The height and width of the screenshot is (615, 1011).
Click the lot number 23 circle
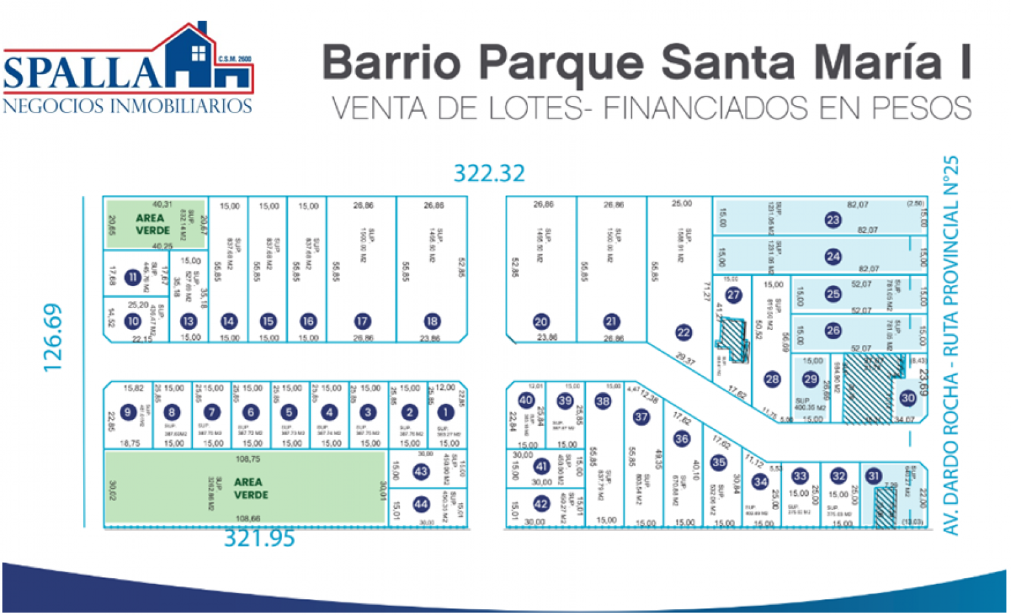click(x=833, y=219)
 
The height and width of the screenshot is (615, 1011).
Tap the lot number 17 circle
click(x=362, y=321)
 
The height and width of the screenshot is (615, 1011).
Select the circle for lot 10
click(x=133, y=321)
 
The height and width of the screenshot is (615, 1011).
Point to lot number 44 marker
click(x=421, y=504)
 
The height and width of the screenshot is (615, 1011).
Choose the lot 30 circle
click(x=908, y=398)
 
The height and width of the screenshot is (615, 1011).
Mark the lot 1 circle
click(x=445, y=412)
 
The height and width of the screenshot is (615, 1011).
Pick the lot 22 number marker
click(x=684, y=333)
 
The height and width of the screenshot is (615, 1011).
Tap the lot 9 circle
click(x=128, y=412)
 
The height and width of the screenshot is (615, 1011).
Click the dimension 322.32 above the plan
click(x=489, y=173)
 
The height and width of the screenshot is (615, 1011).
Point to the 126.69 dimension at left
click(x=53, y=337)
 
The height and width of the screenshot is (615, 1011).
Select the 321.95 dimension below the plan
click(x=259, y=538)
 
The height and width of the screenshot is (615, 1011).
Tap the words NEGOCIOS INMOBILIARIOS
click(x=128, y=106)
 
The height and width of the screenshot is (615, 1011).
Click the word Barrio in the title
click(x=391, y=63)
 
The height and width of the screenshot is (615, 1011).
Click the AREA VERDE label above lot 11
click(x=152, y=224)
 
